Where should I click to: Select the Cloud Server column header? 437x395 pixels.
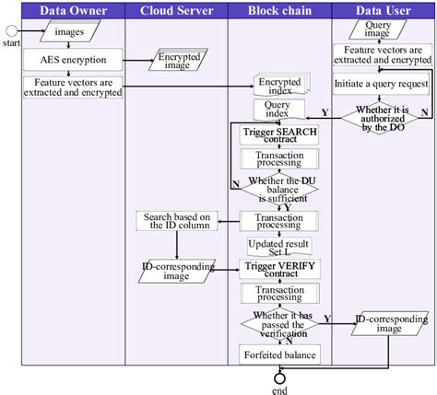175,10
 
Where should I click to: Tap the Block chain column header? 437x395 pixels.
278,10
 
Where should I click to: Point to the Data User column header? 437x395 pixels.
383,10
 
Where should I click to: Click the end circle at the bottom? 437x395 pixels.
279,378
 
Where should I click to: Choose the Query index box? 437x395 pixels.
278,110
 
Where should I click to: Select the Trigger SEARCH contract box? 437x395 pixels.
278,135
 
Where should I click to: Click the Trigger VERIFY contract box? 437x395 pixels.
278,269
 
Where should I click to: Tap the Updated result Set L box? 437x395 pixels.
278,247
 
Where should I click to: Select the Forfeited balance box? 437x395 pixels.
278,355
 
